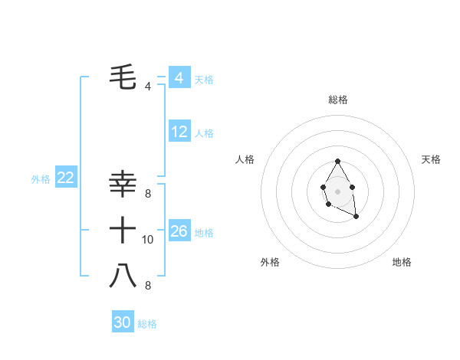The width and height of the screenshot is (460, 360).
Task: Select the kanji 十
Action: tap(123, 229)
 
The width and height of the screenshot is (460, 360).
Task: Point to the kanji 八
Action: tap(123, 275)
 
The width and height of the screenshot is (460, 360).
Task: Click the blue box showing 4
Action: tap(179, 78)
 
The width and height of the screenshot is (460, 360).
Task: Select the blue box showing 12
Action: tap(179, 132)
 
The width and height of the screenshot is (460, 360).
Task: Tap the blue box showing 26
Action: tap(179, 231)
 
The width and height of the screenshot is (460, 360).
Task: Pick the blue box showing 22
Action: tap(65, 178)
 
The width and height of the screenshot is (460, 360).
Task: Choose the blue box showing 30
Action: tap(123, 322)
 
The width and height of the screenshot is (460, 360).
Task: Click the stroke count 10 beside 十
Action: tap(148, 240)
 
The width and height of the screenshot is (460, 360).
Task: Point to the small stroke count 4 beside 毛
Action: tap(147, 87)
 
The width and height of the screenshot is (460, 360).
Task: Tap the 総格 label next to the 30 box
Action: tap(147, 324)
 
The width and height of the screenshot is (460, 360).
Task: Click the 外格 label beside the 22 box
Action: tap(41, 179)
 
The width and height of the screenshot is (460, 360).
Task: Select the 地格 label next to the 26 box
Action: tap(204, 232)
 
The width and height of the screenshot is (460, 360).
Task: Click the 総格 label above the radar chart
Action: tap(337, 100)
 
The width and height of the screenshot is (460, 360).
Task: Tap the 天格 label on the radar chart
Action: tap(431, 159)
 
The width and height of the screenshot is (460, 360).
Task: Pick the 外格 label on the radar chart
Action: tap(270, 262)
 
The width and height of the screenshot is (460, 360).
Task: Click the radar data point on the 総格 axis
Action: tap(337, 162)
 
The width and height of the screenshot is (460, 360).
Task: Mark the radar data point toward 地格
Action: tap(356, 218)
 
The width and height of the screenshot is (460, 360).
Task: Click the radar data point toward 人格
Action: tap(323, 186)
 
